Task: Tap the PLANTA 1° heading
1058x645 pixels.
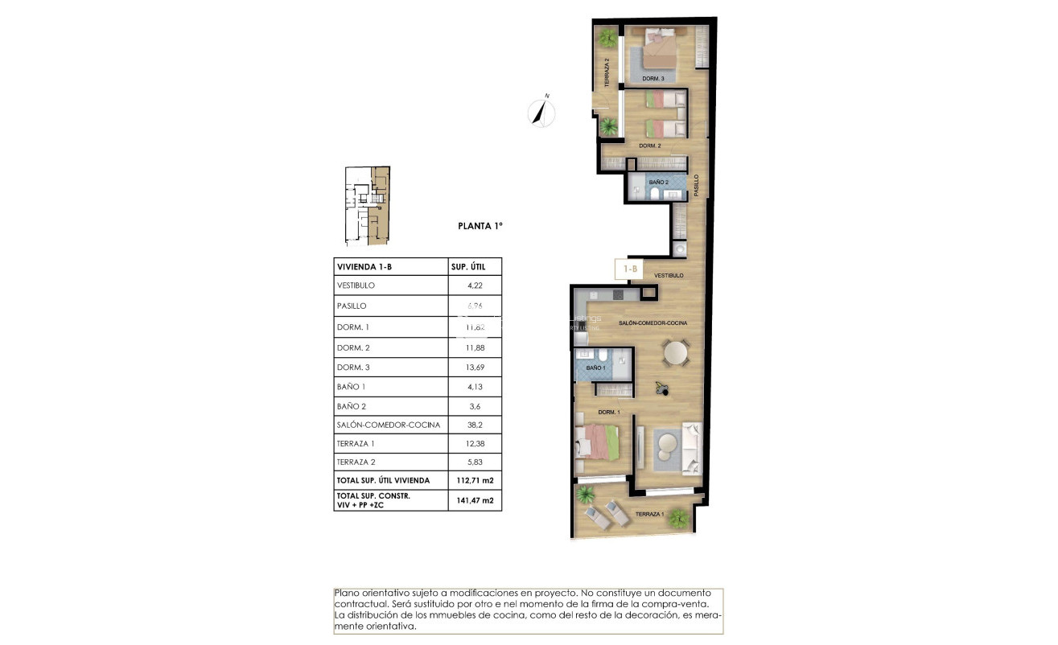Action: (x=480, y=227)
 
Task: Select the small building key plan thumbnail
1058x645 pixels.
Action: (x=368, y=206)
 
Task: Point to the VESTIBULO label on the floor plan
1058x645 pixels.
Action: (x=668, y=276)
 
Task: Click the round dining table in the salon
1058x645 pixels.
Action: (x=675, y=352)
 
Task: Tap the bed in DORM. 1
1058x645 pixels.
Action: (x=596, y=442)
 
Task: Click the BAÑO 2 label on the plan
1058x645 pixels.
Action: (x=658, y=183)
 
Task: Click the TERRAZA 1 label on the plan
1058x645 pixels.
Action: (x=650, y=514)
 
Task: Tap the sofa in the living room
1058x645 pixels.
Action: (x=692, y=448)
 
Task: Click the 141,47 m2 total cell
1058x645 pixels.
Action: (x=475, y=500)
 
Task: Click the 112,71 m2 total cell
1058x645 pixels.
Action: (x=475, y=480)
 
